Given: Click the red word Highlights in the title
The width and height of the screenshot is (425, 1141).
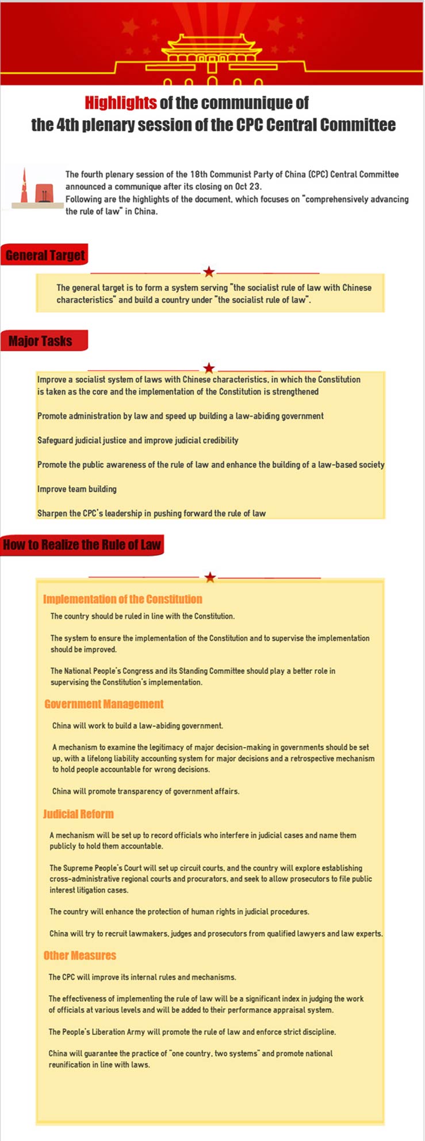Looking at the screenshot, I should coord(120,103).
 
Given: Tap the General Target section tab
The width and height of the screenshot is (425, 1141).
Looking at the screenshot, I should coord(45,255).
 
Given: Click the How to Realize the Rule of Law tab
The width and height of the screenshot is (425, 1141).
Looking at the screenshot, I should coord(82,545).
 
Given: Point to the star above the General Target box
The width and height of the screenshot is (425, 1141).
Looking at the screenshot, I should coord(209,272).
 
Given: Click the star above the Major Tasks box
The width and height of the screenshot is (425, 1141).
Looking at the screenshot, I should coord(209,368).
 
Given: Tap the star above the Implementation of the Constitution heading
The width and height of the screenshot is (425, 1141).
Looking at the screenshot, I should coord(210,577).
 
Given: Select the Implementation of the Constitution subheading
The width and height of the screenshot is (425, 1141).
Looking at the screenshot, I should coord(122,599).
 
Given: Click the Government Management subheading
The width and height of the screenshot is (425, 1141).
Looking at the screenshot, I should coord(104,704).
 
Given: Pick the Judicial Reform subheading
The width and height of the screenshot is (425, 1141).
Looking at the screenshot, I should coord(78,814).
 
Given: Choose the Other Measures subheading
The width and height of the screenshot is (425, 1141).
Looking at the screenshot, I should coord(80,955).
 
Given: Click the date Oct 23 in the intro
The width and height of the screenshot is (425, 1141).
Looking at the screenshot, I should coord(248,187).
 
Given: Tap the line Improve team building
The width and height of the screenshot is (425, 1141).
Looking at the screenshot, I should coord(77,489).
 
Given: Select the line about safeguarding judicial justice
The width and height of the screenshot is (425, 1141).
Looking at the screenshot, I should coord(137,440).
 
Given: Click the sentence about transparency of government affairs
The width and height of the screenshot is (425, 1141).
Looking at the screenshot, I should coord(146,791).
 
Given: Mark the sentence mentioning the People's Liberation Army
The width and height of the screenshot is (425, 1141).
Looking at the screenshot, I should coord(192,1032).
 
